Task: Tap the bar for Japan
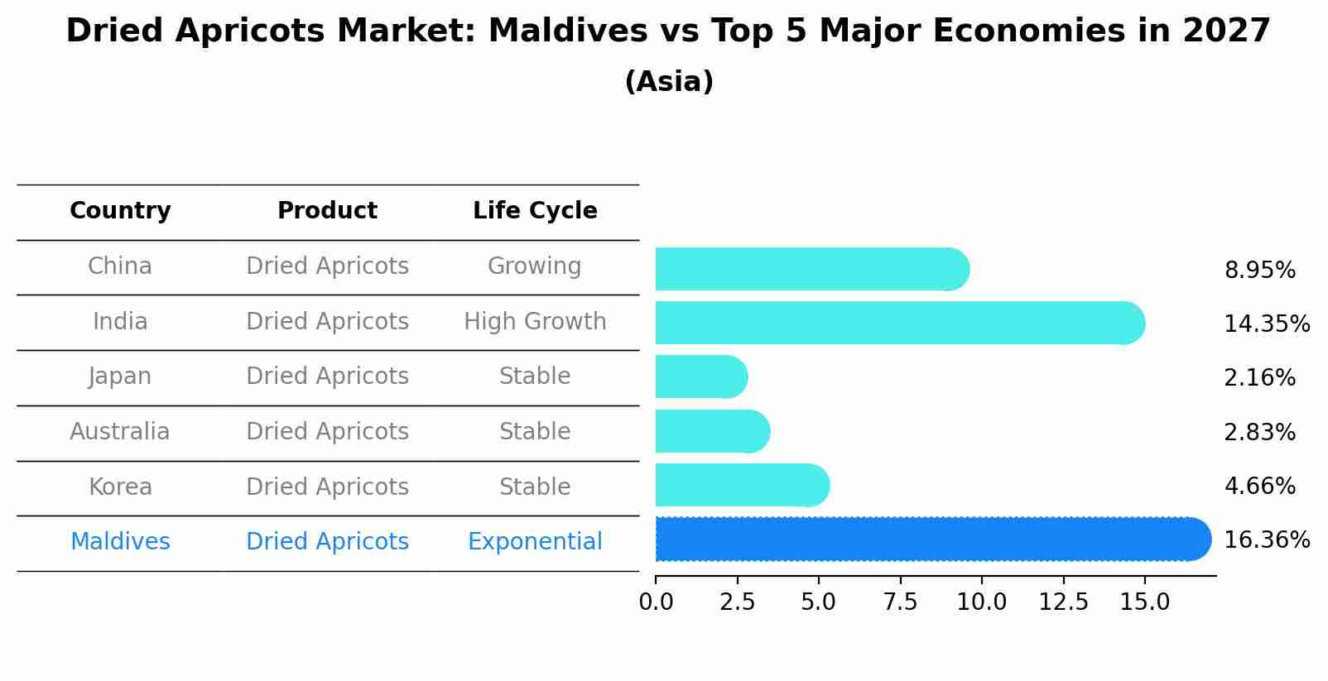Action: [700, 376]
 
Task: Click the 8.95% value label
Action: [1259, 271]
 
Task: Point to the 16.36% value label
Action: [1266, 540]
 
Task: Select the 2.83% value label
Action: [1259, 432]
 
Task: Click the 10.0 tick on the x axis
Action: [981, 602]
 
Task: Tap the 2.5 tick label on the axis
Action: [737, 602]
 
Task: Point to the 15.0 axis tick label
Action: [1144, 602]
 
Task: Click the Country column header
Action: [120, 211]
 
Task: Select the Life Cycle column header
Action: [535, 211]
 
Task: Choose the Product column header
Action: [327, 211]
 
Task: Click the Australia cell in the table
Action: [120, 432]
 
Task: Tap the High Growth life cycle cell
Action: [535, 322]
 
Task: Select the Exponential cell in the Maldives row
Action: [535, 542]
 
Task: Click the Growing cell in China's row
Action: [534, 266]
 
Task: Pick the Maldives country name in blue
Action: [120, 542]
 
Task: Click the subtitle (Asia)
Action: [669, 82]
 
